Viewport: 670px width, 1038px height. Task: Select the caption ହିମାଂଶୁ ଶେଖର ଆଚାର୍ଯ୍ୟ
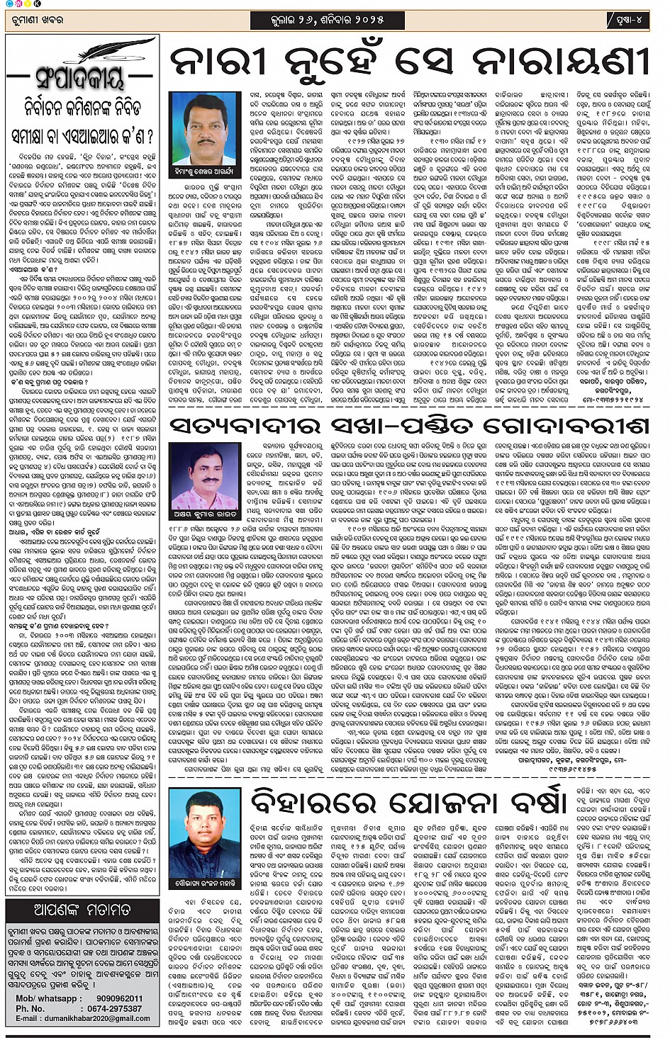(204, 171)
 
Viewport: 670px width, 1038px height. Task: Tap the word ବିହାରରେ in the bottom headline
(313, 802)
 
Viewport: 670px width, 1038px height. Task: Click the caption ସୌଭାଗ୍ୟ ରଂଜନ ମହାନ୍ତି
(205, 883)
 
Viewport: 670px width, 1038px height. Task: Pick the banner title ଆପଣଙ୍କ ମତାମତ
(82, 910)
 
